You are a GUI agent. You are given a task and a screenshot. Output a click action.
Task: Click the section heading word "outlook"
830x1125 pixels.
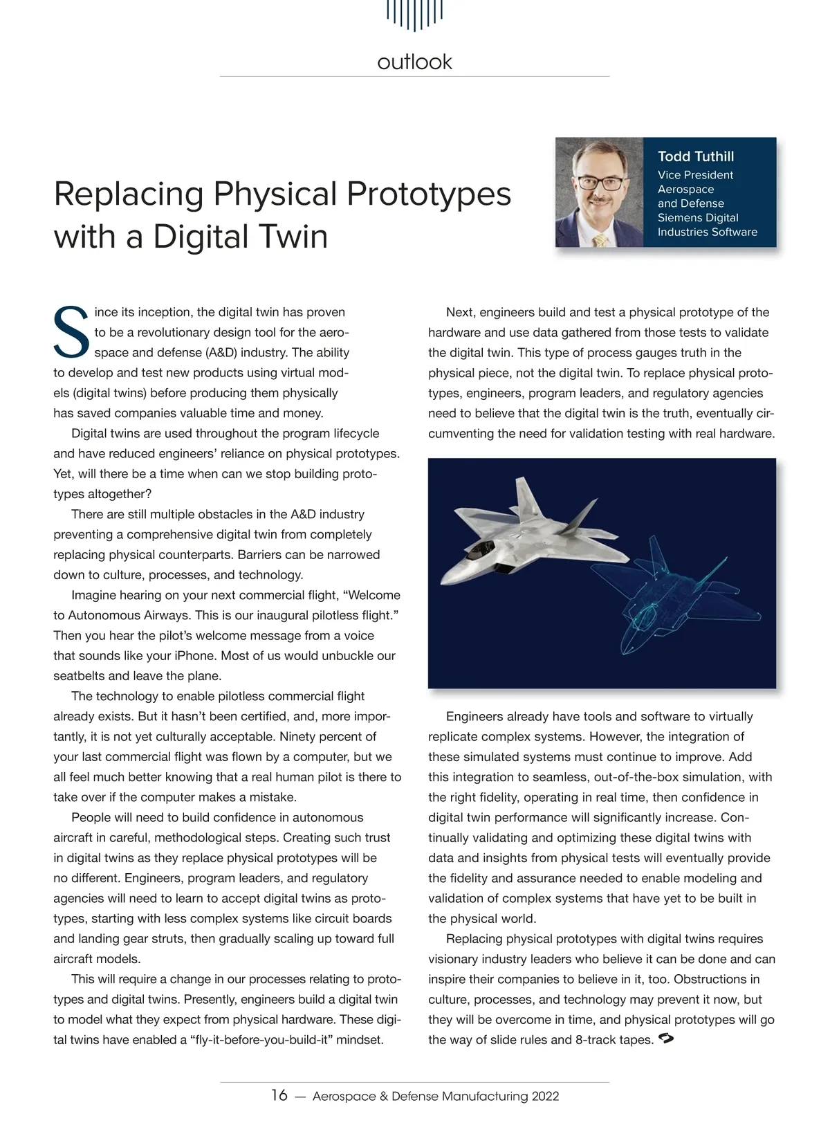(x=414, y=62)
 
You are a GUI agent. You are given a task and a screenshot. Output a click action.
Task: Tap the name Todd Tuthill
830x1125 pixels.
(x=695, y=156)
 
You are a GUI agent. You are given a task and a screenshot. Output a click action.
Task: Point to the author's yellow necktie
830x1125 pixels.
(x=600, y=239)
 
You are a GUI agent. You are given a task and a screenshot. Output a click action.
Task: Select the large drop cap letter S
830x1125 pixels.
(x=71, y=331)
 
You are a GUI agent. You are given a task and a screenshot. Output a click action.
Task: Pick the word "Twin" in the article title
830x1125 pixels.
(x=290, y=236)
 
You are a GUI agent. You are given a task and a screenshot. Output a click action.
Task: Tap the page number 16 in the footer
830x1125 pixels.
(x=279, y=1095)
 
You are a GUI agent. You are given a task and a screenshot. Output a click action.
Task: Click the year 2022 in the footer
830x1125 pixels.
(x=545, y=1096)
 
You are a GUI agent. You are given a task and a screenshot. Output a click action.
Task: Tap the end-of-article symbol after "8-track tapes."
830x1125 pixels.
(x=667, y=1039)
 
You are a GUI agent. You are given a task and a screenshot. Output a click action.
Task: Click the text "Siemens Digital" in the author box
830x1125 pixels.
(x=697, y=217)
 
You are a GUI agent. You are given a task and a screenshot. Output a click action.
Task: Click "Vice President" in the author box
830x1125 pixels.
(x=694, y=175)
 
